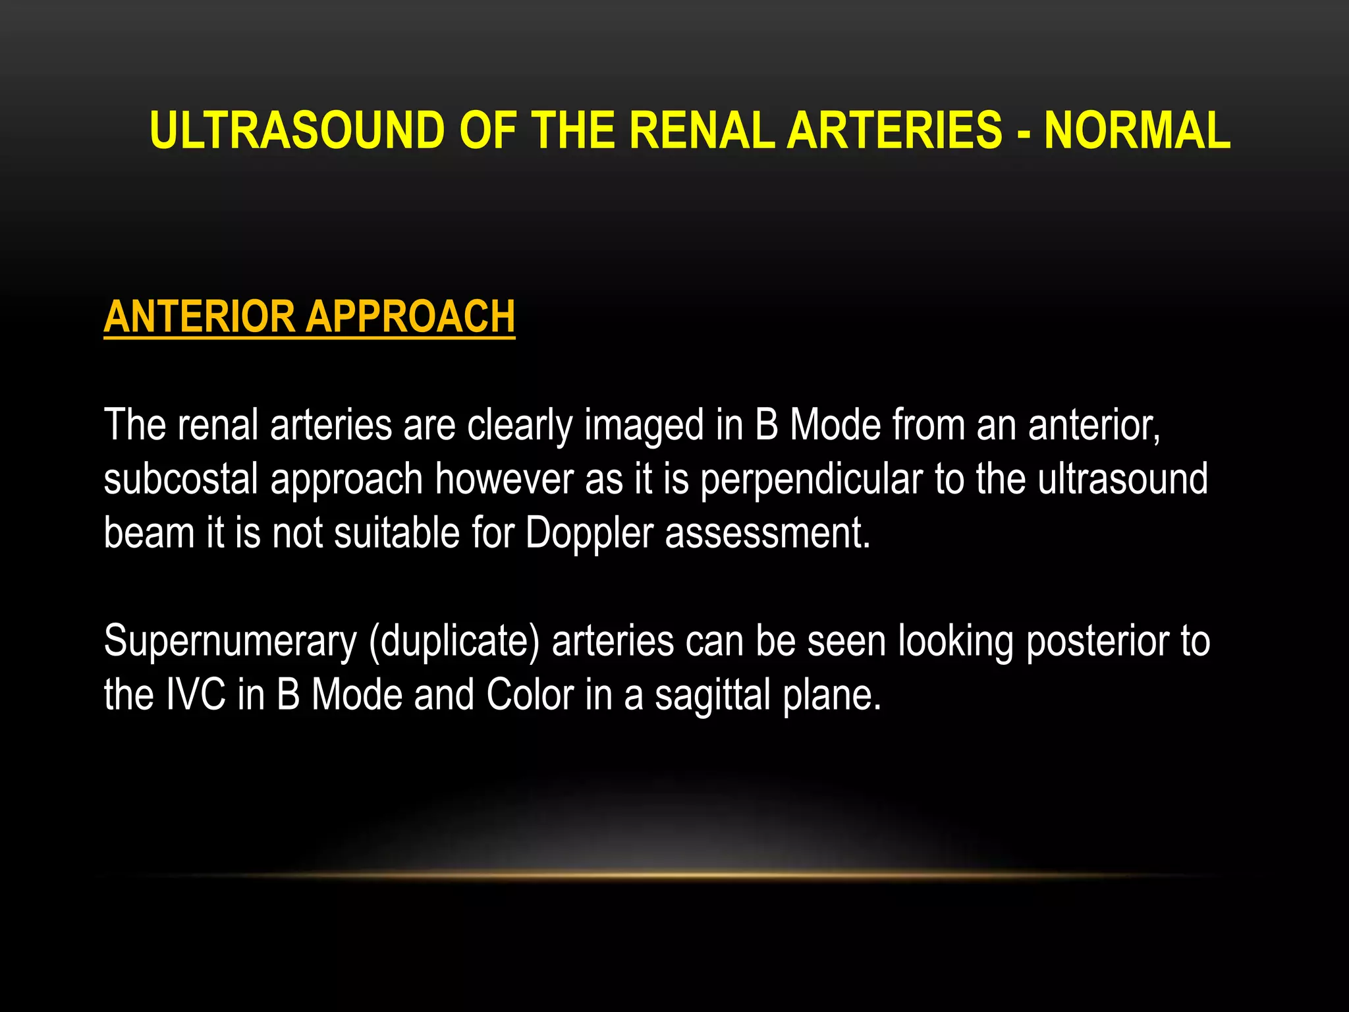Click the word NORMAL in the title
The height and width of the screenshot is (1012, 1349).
click(x=1137, y=130)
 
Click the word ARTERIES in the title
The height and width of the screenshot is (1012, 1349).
click(x=895, y=130)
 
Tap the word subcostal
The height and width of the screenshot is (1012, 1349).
click(x=180, y=480)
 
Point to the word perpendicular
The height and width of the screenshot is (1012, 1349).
click(x=811, y=480)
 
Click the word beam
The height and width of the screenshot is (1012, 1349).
click(x=149, y=532)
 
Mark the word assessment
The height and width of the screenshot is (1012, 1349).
click(x=767, y=534)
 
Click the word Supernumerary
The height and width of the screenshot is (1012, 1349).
click(x=230, y=642)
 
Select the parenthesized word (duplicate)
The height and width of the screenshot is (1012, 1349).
click(x=454, y=642)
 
